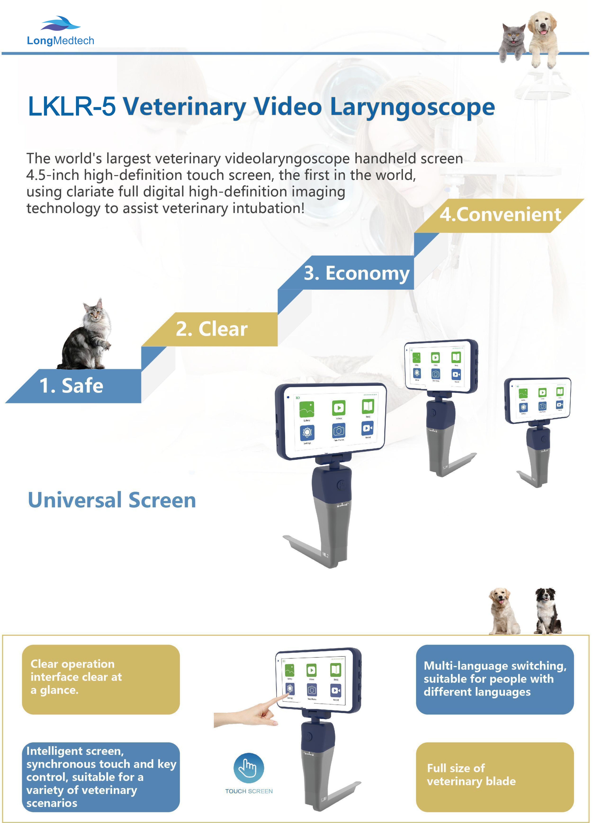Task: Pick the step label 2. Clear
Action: (212, 329)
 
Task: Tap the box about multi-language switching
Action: (494, 679)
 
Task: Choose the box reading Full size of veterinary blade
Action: (494, 777)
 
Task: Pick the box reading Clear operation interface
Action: (101, 679)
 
